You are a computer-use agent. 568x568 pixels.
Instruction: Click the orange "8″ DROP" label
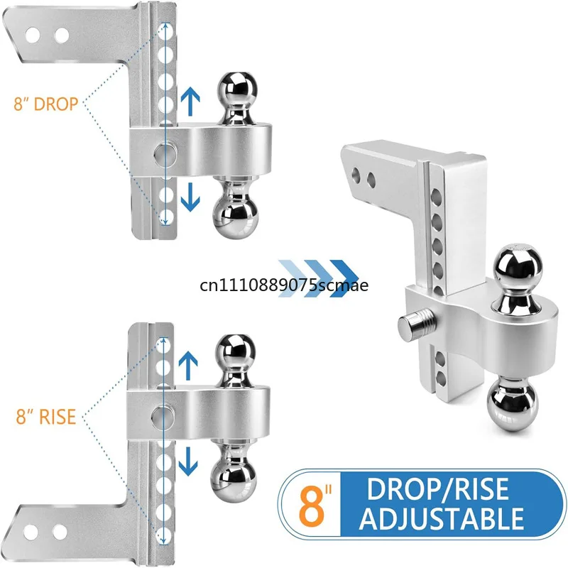click(x=46, y=104)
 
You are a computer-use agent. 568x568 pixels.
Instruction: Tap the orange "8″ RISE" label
click(x=46, y=417)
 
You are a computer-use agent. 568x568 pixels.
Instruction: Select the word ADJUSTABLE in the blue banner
click(x=442, y=518)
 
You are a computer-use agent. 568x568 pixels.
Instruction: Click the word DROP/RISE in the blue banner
click(x=438, y=489)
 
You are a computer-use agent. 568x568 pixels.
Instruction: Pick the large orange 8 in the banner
click(x=312, y=506)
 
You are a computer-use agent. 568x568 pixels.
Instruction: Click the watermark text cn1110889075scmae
click(x=284, y=285)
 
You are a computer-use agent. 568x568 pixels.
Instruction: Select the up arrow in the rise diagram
click(x=188, y=366)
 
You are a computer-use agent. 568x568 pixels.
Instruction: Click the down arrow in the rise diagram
click(x=188, y=461)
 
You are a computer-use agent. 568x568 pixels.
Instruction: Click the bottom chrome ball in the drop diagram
click(x=236, y=217)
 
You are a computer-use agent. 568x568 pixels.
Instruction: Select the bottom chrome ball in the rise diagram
click(x=234, y=480)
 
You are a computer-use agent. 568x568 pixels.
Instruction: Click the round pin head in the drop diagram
click(x=165, y=155)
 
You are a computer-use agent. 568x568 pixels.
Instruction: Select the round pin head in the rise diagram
click(x=163, y=416)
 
